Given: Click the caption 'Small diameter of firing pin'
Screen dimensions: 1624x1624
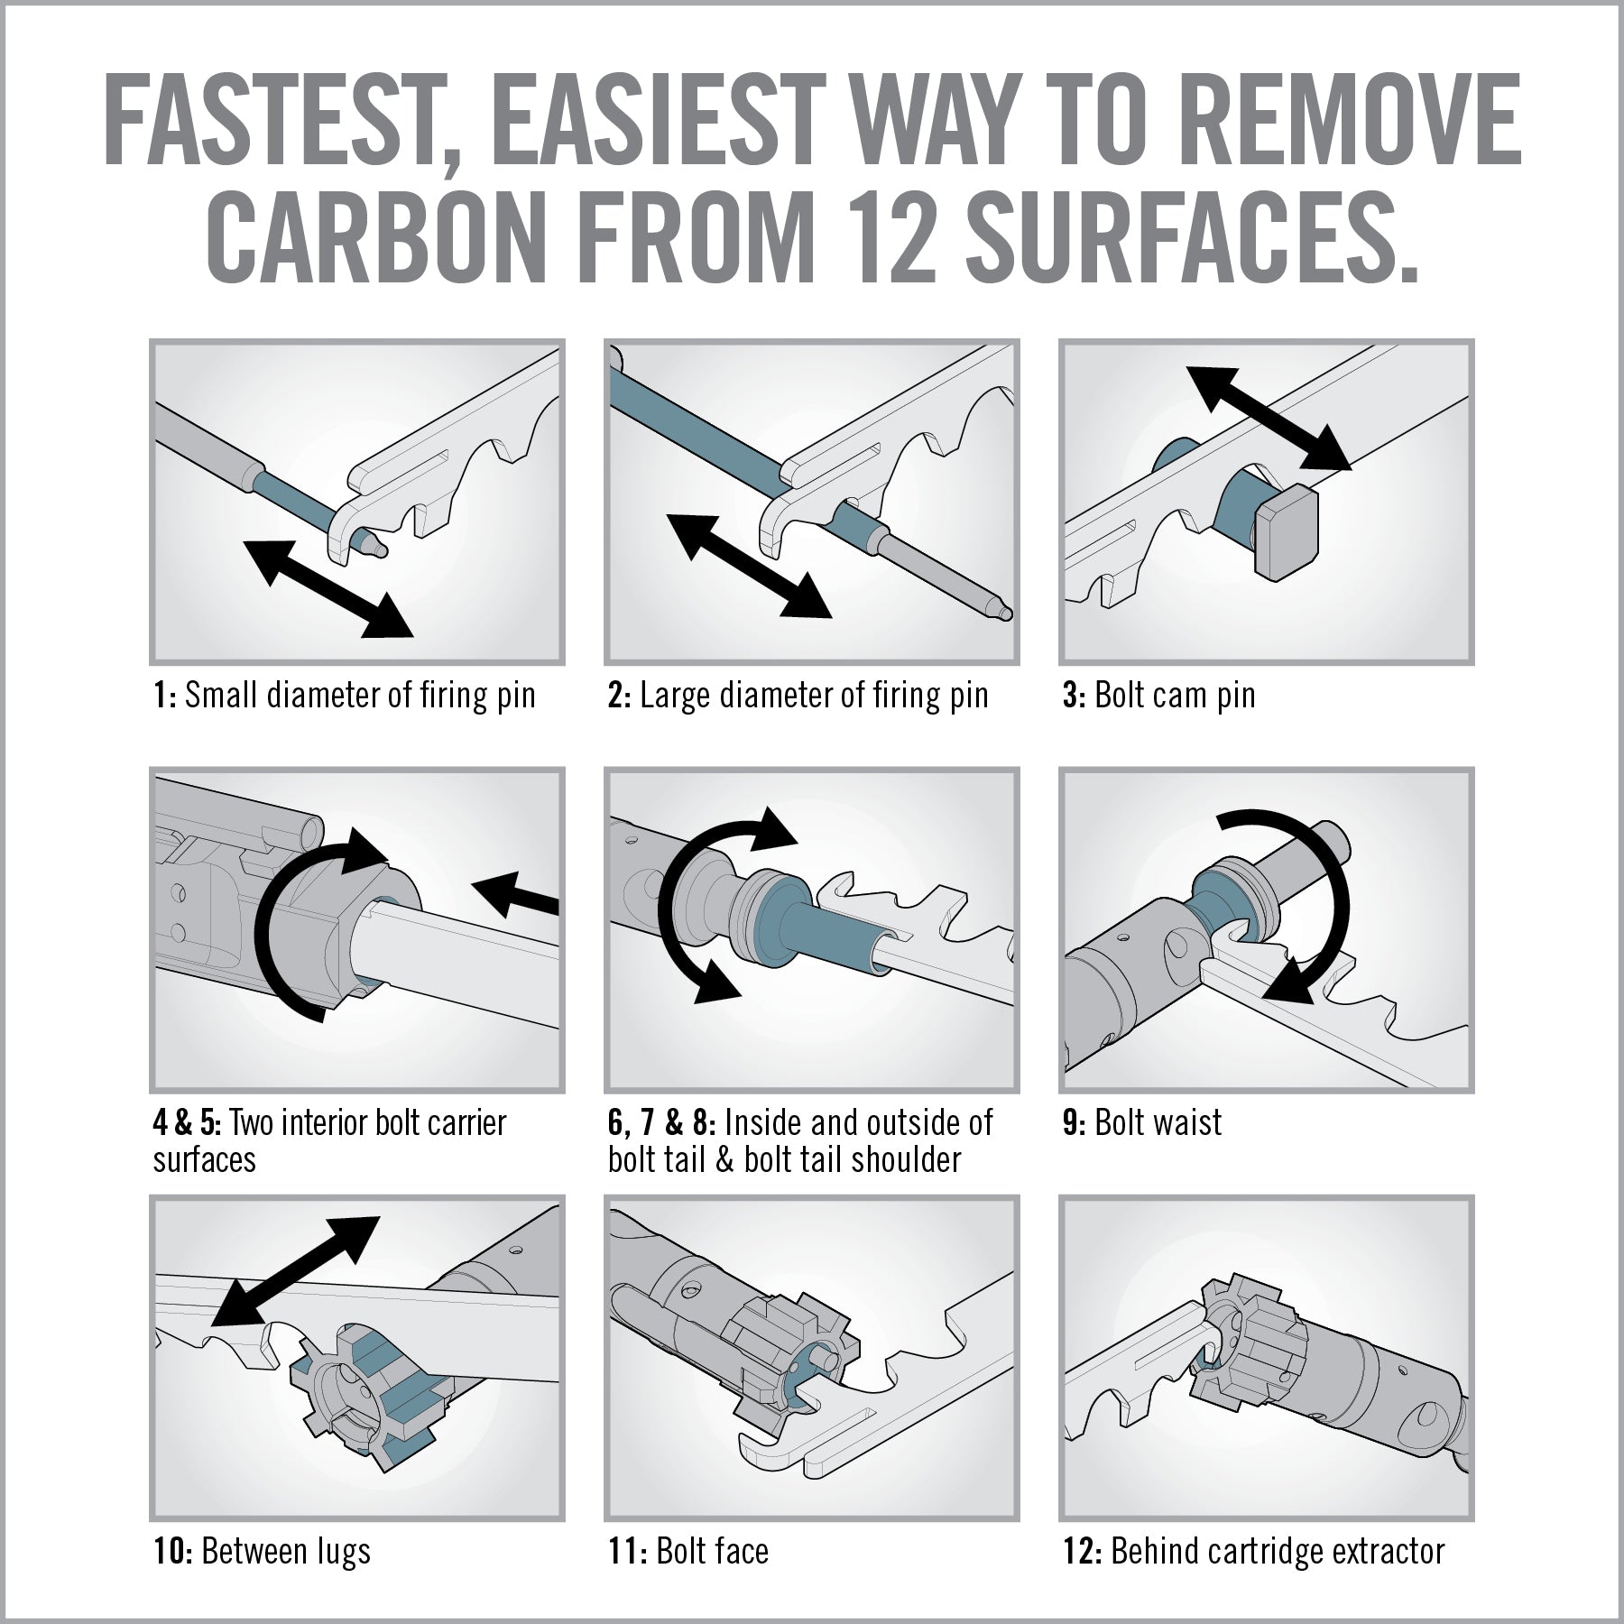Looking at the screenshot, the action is (x=360, y=696).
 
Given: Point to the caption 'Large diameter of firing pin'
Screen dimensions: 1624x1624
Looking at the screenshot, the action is (x=815, y=696).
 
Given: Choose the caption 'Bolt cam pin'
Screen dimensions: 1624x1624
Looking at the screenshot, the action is (x=1175, y=696).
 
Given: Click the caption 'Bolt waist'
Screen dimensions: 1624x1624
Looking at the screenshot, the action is (x=1158, y=1123).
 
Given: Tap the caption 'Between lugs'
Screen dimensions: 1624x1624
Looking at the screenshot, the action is (x=286, y=1551).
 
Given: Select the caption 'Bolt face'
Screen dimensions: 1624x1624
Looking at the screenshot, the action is (x=713, y=1551).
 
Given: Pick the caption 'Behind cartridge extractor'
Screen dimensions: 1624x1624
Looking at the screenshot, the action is (x=1278, y=1551).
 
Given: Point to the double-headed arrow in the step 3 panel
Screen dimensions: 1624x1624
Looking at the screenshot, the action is (x=1268, y=418).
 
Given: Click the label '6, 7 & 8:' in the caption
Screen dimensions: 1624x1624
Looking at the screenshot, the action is (x=662, y=1123).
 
